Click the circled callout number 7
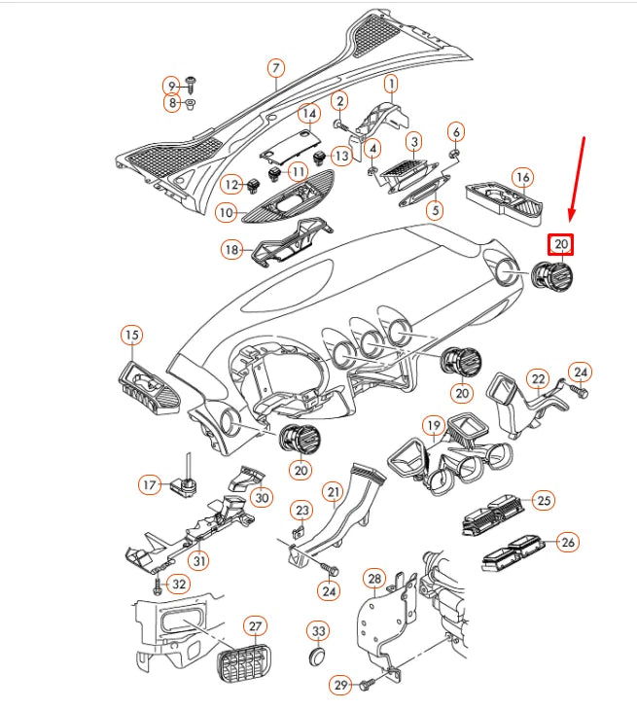276,68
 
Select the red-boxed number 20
561,244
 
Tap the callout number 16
523,177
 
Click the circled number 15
131,336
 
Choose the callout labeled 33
318,630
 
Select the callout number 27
255,625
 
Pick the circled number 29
340,686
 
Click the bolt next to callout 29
367,686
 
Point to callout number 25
544,500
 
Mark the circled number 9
171,86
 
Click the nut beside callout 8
192,103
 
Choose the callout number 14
308,113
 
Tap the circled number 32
177,585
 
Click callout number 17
149,483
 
